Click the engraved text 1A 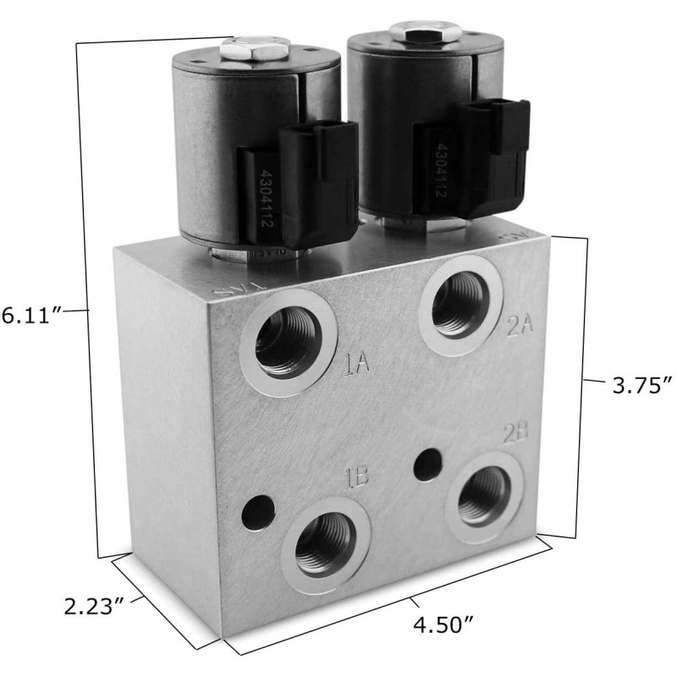tap(356, 366)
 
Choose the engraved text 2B tap(515, 433)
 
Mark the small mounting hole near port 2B tap(430, 461)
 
